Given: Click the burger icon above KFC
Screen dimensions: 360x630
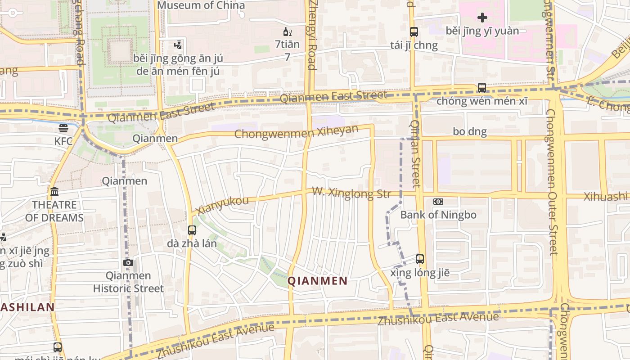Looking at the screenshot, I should point(63,128).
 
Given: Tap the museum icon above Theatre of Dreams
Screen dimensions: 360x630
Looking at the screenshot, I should point(54,192).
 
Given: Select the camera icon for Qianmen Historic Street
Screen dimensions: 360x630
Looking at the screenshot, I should point(128,262).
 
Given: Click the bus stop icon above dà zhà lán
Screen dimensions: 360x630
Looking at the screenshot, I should point(192,230).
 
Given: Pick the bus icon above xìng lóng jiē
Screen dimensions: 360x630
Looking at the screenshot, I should point(420,259).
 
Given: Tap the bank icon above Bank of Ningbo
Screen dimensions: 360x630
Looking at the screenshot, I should point(438,202).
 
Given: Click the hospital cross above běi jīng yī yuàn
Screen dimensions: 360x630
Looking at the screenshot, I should point(482,18).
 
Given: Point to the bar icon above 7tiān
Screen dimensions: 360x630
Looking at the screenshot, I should point(287,31).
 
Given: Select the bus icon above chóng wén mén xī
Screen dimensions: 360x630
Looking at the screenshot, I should point(482,87).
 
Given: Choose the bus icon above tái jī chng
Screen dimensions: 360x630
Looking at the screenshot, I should point(414,32).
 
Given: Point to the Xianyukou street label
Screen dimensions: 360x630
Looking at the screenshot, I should point(223,205).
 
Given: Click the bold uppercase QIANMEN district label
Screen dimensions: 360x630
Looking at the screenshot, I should point(317,281).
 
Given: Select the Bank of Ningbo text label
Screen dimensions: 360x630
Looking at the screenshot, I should point(438,215).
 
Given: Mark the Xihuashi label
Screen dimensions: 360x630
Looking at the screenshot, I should point(606,196).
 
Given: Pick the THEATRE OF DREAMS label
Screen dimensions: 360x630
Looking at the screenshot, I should point(54,211).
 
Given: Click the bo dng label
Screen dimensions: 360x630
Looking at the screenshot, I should point(470,131).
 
